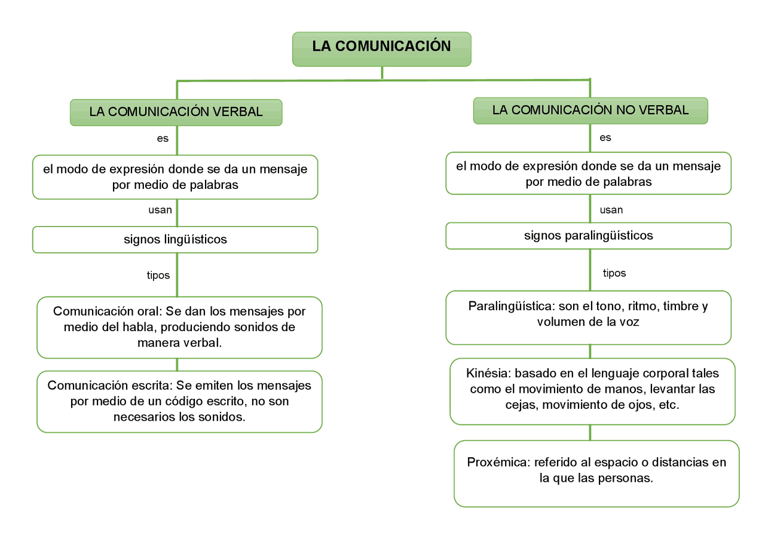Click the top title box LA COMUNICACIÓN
[381, 48]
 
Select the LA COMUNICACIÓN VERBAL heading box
[176, 112]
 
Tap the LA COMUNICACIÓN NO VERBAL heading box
[590, 111]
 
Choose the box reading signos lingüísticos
[175, 240]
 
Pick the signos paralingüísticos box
[588, 236]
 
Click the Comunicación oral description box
[179, 327]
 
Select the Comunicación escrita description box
[179, 401]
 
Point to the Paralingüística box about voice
[588, 317]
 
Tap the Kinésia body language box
[592, 391]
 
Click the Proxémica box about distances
[596, 473]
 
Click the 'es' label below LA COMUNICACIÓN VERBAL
[163, 139]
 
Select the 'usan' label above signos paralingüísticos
[611, 210]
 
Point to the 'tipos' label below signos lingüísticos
[158, 276]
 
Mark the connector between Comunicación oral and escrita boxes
[177, 365]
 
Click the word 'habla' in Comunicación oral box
[139, 328]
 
